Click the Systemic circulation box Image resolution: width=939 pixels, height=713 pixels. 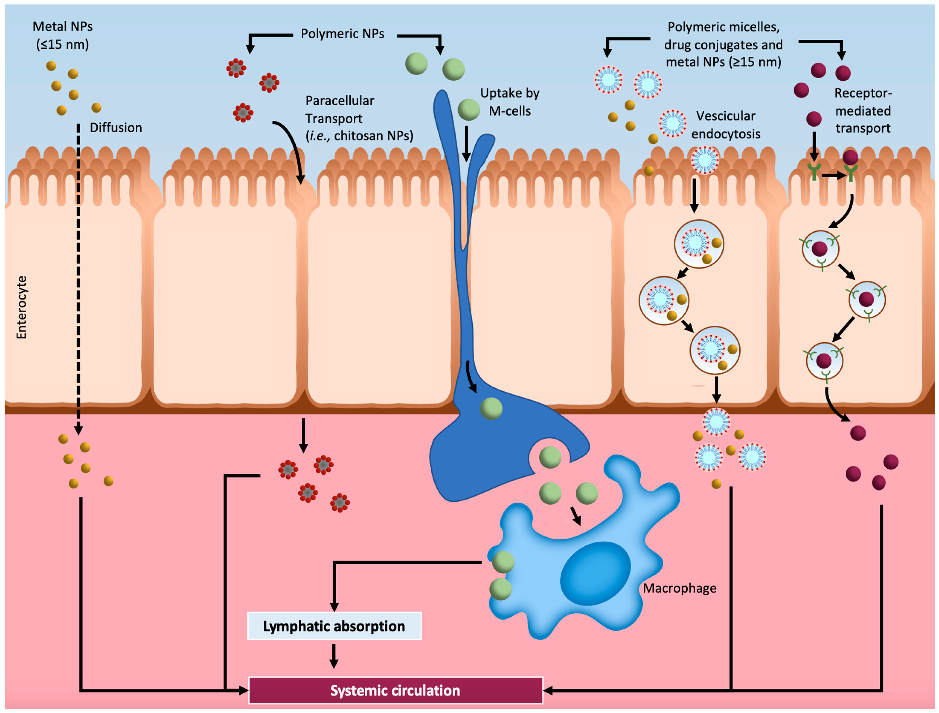pos(395,690)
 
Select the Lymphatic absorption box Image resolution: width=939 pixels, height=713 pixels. pos(334,626)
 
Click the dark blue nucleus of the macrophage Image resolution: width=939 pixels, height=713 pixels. pos(595,573)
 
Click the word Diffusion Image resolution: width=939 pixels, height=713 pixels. pos(116,128)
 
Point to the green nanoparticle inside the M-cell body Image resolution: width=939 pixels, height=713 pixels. pos(491,409)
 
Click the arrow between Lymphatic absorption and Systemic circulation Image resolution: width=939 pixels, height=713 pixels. pos(334,656)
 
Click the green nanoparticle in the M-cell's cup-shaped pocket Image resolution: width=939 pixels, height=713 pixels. pos(550,458)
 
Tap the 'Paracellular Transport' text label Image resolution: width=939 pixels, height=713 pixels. pos(340,110)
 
